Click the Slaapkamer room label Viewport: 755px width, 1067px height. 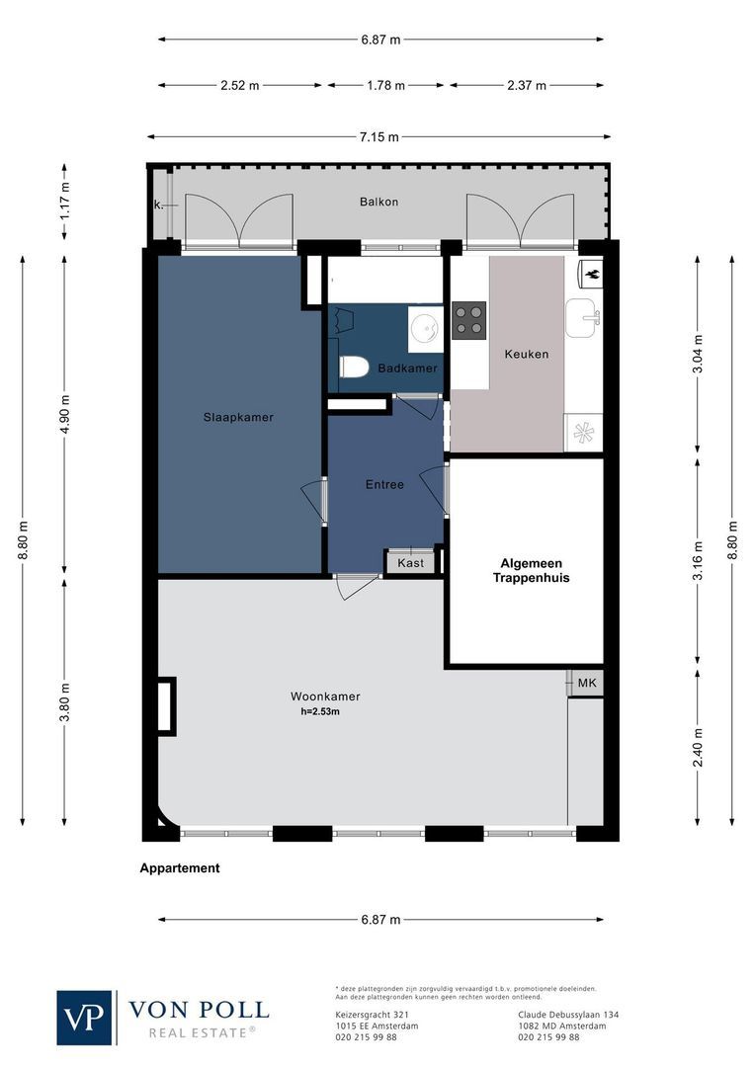point(238,417)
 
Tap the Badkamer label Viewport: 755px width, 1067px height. point(414,369)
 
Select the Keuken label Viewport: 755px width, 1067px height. point(526,354)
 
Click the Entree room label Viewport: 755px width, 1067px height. point(384,484)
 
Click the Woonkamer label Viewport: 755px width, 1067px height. point(325,696)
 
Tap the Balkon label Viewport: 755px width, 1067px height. point(379,202)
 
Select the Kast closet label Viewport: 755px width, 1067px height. point(410,563)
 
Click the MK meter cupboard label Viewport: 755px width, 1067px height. point(586,683)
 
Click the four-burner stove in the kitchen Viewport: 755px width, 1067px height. point(468,320)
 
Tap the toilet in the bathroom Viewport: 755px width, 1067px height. point(353,368)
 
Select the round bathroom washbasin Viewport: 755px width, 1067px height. point(428,324)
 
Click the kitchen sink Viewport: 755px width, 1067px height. point(582,318)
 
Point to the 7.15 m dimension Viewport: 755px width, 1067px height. point(379,137)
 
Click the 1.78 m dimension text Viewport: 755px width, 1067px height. point(385,86)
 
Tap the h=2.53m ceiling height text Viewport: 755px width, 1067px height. point(321,711)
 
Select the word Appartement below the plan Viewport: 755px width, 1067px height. point(180,868)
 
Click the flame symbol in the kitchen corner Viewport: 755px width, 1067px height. point(591,271)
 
